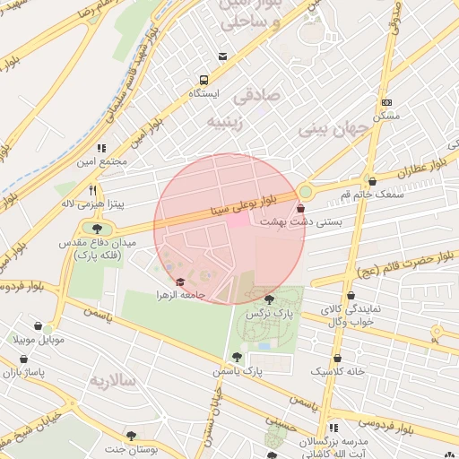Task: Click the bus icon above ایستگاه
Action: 204,80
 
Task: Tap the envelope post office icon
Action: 222,57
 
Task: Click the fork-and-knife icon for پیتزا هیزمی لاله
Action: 93,190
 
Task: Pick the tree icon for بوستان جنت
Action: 132,436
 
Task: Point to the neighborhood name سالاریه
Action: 111,381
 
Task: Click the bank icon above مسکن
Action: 386,103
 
